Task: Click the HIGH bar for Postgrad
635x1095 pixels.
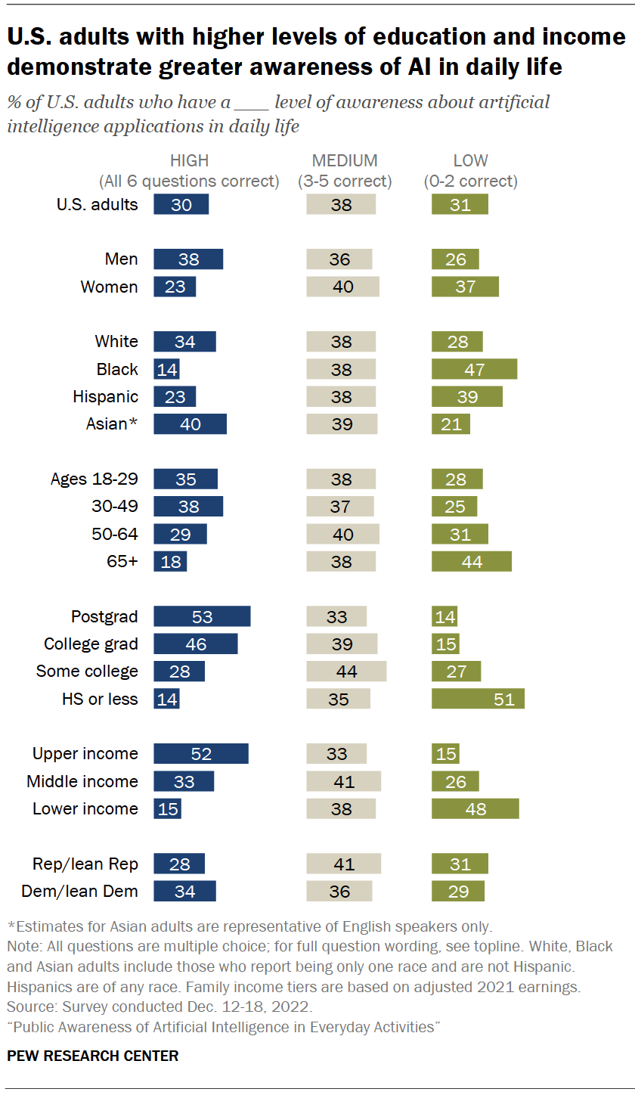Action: click(x=202, y=616)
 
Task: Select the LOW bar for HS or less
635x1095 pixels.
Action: click(x=478, y=699)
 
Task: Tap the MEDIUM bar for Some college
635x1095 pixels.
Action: click(x=346, y=672)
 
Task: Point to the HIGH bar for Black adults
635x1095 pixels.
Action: click(x=166, y=369)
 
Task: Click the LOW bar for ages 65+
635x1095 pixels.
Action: click(x=472, y=561)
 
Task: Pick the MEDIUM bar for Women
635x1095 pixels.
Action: click(x=342, y=287)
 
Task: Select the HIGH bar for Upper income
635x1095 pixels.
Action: click(x=201, y=753)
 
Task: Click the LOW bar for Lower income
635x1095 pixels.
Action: click(x=475, y=808)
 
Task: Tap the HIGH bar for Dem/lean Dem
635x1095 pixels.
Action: click(x=184, y=891)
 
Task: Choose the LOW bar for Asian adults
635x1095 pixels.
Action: click(x=451, y=424)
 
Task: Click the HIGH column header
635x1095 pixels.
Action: click(x=189, y=161)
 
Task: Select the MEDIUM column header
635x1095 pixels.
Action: click(x=344, y=161)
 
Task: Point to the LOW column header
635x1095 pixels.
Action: click(x=470, y=161)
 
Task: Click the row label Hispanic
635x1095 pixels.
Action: click(x=105, y=396)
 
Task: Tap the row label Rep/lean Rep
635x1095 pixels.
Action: click(x=85, y=864)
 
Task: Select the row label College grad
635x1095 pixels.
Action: click(x=91, y=644)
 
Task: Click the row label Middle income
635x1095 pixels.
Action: click(x=82, y=781)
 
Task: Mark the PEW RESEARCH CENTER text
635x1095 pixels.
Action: click(x=93, y=1056)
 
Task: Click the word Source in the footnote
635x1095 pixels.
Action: click(x=28, y=1007)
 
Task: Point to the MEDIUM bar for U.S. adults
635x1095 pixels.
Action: click(x=341, y=204)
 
